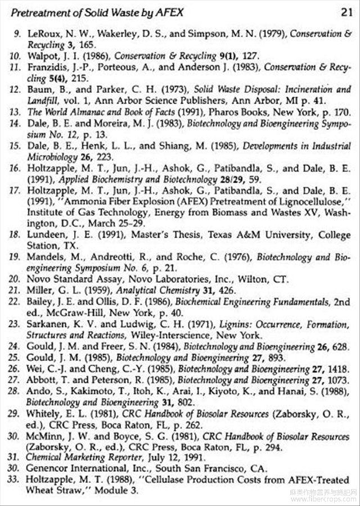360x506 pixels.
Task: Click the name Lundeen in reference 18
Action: (45, 236)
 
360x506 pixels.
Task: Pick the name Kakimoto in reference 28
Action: (80, 392)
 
